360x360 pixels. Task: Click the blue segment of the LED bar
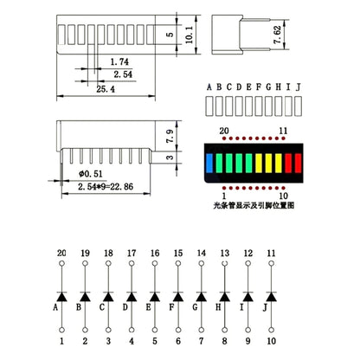[209, 163]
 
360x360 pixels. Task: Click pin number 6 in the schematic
[177, 344]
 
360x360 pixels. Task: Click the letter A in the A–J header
[209, 87]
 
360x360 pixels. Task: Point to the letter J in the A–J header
[300, 87]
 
